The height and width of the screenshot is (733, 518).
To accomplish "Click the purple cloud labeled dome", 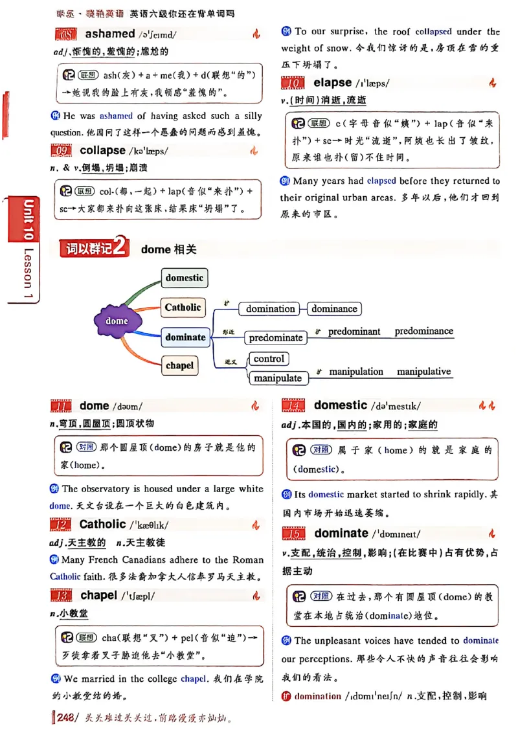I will (117, 321).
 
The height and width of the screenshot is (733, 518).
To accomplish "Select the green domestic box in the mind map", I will (184, 278).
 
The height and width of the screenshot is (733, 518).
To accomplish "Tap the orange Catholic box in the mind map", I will (183, 308).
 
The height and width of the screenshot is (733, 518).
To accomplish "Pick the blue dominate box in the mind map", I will (185, 337).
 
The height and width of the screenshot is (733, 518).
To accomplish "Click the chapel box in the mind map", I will (179, 365).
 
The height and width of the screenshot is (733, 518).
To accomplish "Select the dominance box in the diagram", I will (333, 309).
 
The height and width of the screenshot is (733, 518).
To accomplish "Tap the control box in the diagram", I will (269, 359).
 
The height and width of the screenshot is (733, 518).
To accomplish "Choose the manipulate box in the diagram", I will (278, 378).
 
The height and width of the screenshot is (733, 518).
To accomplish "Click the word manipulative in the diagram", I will (423, 372).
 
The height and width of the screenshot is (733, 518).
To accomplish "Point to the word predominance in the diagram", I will (423, 331).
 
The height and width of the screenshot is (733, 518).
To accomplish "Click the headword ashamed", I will (109, 34).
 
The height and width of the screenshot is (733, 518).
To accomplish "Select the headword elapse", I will (332, 83).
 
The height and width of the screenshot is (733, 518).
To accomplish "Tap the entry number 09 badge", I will (63, 151).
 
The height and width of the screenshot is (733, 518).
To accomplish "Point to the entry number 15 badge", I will (295, 534).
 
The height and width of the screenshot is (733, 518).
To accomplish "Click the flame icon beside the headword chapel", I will (256, 596).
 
